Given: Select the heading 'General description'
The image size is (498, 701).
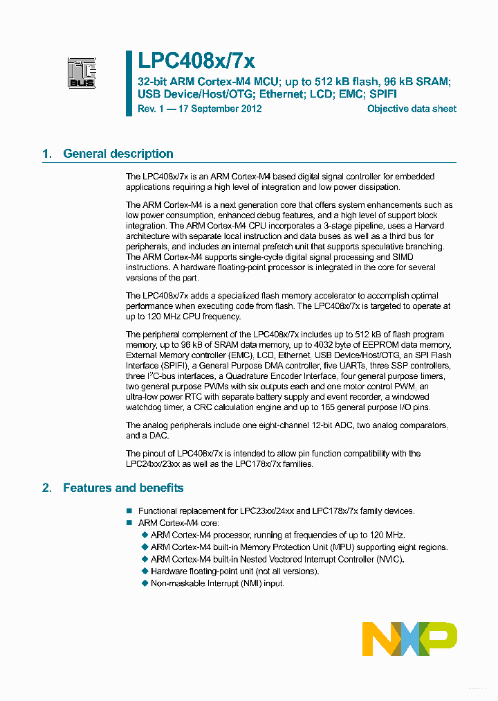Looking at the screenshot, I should coord(118,154).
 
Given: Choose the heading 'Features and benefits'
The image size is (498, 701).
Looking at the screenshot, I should coord(123,488).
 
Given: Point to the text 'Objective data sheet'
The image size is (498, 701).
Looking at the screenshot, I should coord(412,109).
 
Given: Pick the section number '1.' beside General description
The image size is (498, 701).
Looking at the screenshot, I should coord(47,154).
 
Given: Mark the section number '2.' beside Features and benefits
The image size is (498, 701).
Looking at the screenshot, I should coord(47,488).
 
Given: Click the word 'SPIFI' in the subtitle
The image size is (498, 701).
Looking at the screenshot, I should coord(382,94).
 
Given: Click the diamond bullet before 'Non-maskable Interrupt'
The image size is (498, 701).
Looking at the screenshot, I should coord(145,583).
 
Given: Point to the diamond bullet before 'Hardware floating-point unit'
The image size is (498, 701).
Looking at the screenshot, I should coord(145,571).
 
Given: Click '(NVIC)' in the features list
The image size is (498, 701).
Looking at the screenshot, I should coord(389,559).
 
